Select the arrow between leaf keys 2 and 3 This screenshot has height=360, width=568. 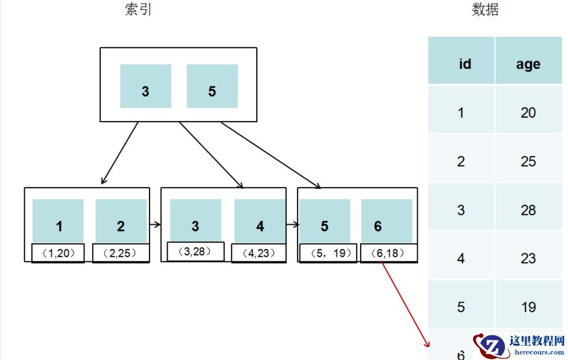tap(155, 225)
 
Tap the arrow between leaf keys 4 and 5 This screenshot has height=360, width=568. tap(292, 225)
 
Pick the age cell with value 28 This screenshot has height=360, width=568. tap(528, 210)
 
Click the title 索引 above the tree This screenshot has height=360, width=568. tap(138, 10)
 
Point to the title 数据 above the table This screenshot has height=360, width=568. tap(485, 10)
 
